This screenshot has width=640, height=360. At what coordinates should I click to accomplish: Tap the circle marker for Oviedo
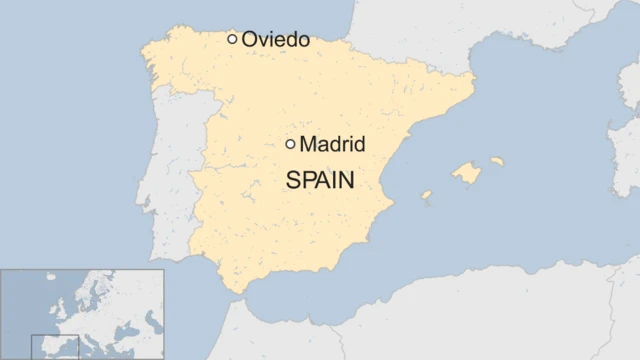232,39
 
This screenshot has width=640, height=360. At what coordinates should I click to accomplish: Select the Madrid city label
333,145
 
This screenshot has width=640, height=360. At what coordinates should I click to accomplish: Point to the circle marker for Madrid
290,144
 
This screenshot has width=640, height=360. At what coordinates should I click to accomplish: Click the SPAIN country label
322,181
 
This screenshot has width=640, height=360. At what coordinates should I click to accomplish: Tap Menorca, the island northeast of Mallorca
497,160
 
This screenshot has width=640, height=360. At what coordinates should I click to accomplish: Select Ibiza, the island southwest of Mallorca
426,196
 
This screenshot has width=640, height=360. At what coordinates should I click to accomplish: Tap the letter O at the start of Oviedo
250,40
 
